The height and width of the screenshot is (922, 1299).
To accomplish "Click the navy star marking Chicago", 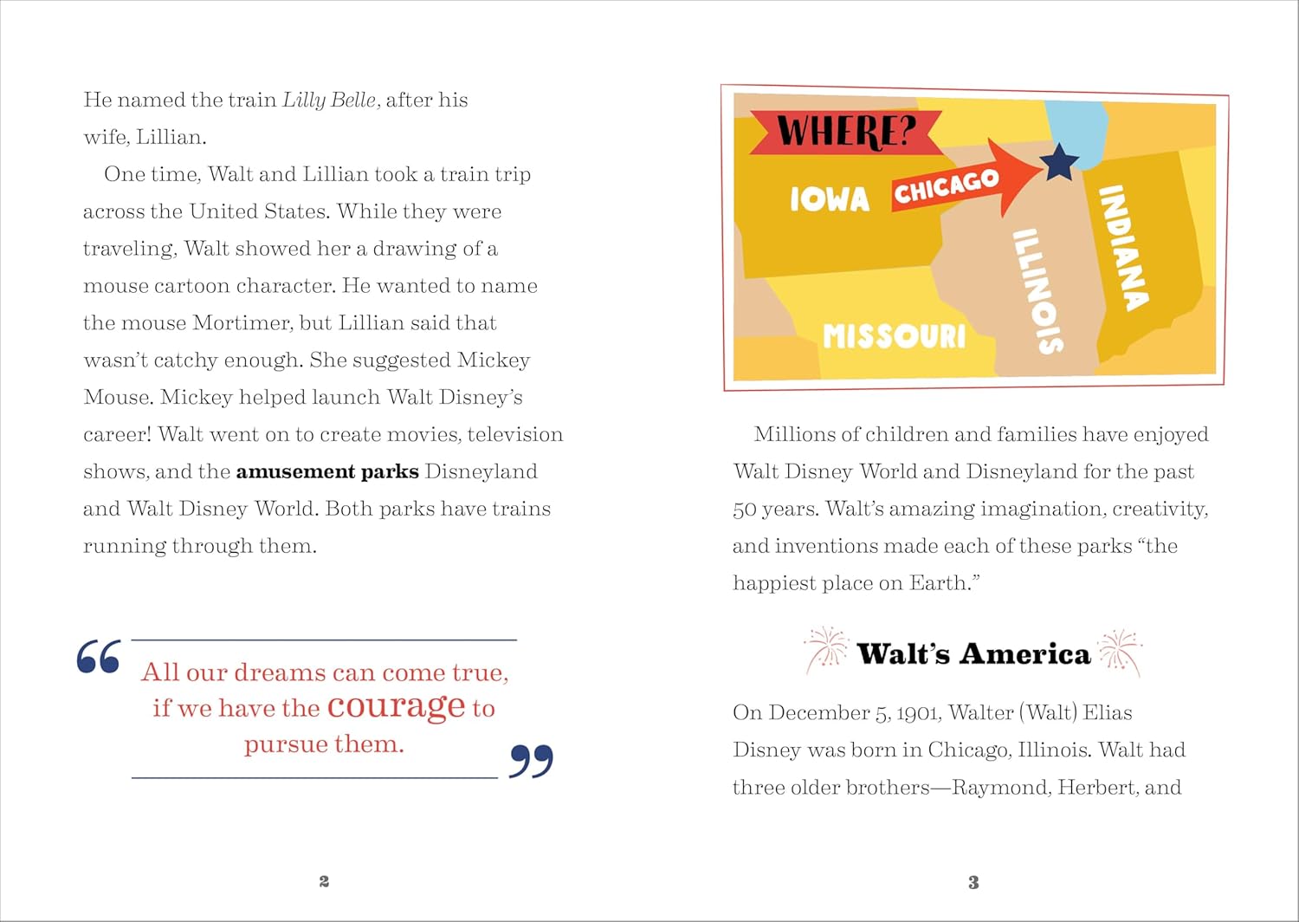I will pos(1059,162).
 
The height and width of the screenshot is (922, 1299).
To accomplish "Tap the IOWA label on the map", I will pos(829,199).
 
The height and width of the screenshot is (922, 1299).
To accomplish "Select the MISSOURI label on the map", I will pos(894,335).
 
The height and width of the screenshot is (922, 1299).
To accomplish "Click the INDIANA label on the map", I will pos(1123,247).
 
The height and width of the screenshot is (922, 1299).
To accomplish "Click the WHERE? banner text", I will pos(845,133).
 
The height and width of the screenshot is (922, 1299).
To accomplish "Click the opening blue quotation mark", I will pos(98,657).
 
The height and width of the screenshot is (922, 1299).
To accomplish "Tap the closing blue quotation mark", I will pos(531,761).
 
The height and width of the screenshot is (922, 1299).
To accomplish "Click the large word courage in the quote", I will pos(397,707).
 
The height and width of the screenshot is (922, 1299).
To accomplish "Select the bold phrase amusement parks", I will pos(326,471).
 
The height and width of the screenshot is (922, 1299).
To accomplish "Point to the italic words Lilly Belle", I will pos(329,100).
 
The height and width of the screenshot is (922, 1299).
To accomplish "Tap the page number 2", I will pos(324,881).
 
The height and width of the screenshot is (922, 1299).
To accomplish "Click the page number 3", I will pos(973,883).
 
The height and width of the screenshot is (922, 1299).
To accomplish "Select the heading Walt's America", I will pos(973,653).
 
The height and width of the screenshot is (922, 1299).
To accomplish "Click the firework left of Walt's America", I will pos(826,651).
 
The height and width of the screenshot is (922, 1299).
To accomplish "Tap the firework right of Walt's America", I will pos(1120,652).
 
